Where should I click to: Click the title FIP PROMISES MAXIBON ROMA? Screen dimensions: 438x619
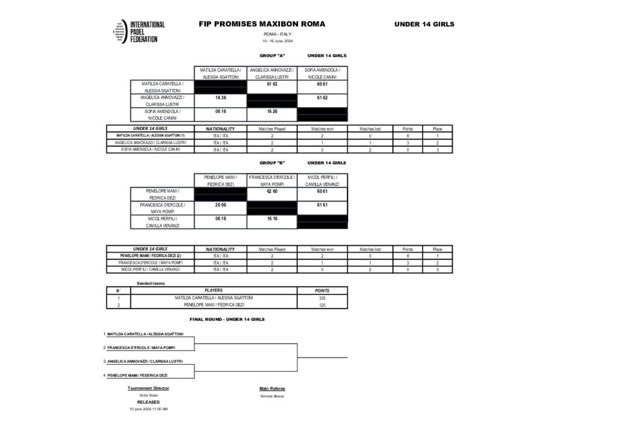[262, 24]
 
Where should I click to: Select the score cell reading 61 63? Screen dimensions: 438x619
[271, 85]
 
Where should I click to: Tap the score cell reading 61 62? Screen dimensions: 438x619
[322, 97]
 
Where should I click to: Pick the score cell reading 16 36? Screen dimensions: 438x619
[221, 97]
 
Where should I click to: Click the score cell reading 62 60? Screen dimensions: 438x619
[271, 191]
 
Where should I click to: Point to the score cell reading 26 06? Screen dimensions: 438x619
[221, 205]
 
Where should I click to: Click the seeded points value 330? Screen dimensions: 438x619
[322, 298]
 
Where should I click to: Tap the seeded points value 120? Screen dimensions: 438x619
[322, 306]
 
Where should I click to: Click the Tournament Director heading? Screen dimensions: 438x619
[148, 388]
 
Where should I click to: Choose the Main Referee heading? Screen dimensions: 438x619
[272, 388]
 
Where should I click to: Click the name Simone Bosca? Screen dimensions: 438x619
[271, 396]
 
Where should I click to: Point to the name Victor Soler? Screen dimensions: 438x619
[148, 395]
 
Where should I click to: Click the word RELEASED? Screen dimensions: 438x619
[148, 402]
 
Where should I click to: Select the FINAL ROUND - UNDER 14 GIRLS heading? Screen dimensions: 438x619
[227, 319]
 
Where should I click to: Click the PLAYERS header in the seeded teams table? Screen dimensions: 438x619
[213, 290]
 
